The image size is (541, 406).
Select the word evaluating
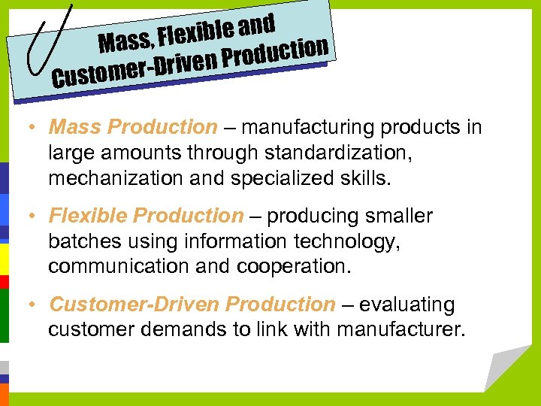407,304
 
